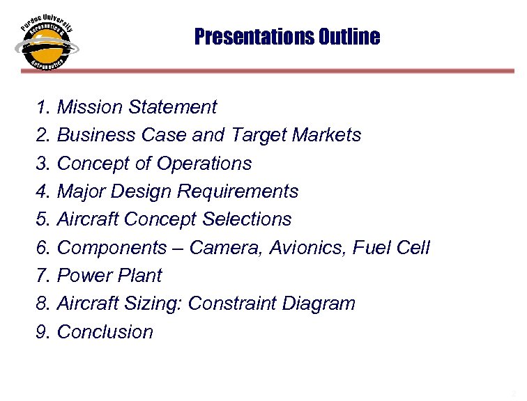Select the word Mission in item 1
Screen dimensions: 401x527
(x=86, y=107)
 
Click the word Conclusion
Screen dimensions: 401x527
(x=105, y=332)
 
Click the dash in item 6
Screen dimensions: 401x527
(x=178, y=249)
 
